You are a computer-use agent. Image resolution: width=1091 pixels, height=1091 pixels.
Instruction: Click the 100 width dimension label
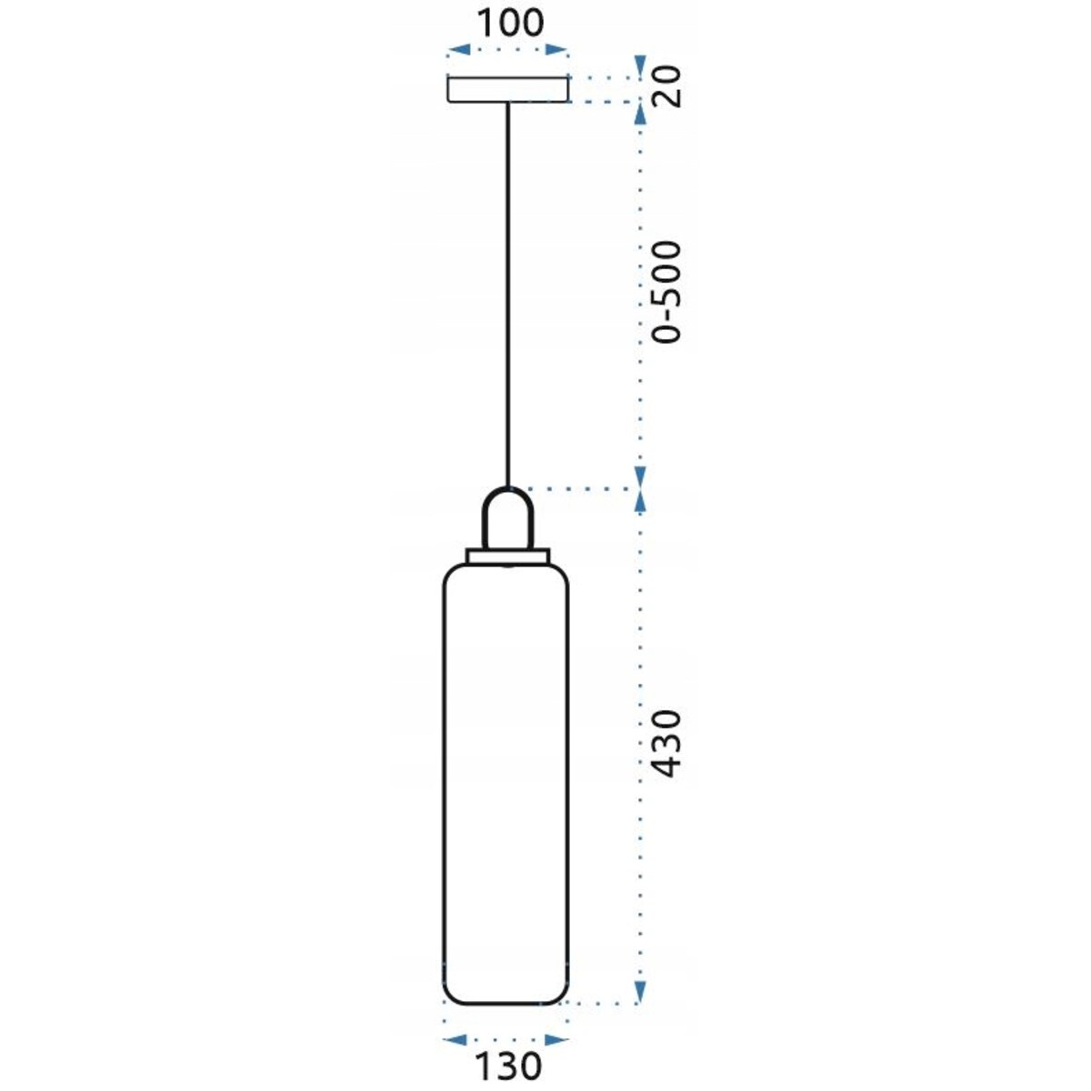click(509, 22)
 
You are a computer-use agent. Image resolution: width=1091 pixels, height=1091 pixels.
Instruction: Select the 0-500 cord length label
click(667, 292)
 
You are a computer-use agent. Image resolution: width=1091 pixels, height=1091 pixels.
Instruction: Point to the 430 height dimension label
click(667, 744)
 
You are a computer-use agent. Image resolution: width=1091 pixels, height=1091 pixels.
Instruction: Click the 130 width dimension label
click(506, 1065)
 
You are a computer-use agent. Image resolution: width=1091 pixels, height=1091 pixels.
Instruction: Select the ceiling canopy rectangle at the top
click(508, 89)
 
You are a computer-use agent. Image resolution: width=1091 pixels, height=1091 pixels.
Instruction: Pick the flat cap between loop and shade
click(508, 555)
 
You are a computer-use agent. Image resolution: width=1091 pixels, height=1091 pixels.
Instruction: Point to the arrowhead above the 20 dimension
click(640, 65)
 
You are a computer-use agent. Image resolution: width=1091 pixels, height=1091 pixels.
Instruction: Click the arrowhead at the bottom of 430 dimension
click(640, 991)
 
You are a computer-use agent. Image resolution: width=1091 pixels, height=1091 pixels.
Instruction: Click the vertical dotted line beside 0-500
click(640, 291)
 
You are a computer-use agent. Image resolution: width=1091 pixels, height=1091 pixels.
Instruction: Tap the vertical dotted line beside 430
click(640, 746)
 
